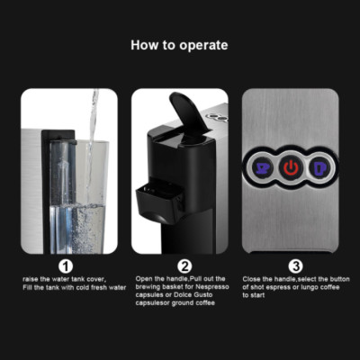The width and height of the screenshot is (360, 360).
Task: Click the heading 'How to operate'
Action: (x=179, y=45)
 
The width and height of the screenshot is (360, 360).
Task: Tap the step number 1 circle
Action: (x=65, y=265)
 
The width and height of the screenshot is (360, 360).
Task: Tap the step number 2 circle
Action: (x=184, y=265)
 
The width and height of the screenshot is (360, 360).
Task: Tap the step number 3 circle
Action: (x=294, y=265)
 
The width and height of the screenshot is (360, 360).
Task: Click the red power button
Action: (x=291, y=168)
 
